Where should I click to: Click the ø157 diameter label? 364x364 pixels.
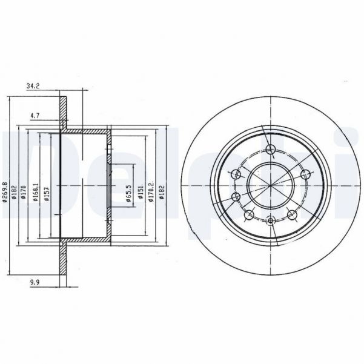click(46, 193)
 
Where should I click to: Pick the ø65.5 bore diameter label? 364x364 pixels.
click(130, 195)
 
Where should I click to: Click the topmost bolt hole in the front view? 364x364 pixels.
click(271, 150)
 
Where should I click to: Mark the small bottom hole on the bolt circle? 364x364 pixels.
click(271, 221)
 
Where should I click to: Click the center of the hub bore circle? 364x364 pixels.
click(271, 185)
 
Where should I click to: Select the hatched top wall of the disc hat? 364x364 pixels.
click(85, 131)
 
